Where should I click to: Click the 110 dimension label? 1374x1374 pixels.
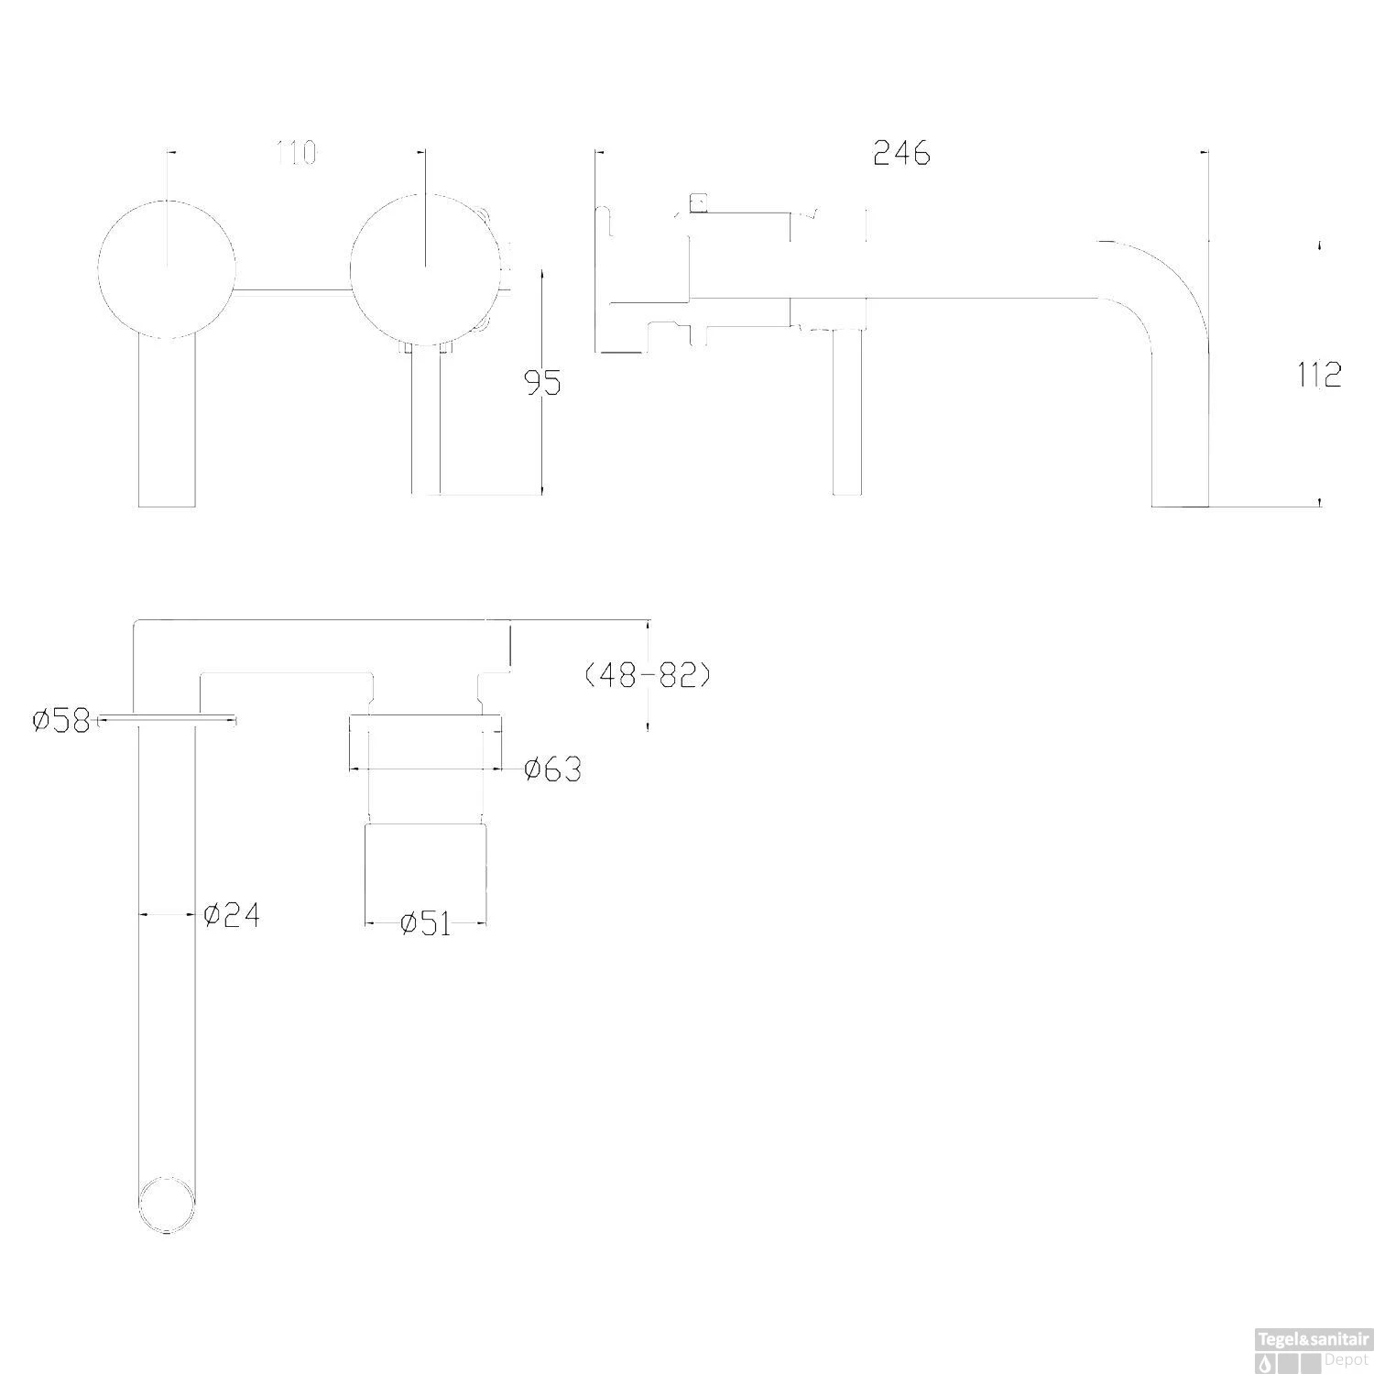pos(296,153)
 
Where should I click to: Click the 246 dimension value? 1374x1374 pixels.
pos(901,153)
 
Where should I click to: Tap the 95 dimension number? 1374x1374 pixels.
pos(542,383)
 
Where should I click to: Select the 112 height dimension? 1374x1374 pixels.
pos(1319,375)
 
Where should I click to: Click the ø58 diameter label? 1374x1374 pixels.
pos(61,721)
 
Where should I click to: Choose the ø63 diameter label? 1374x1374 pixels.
pos(552,769)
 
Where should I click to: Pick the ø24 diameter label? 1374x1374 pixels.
pos(231,914)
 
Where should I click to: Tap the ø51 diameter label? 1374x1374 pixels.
pos(426,923)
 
